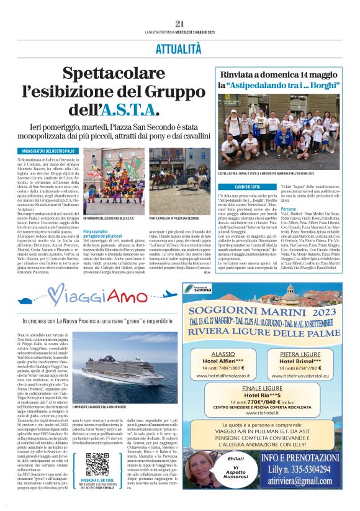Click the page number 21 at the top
click(x=180, y=24)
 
